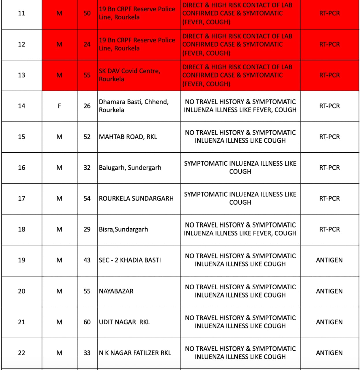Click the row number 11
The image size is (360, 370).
pos(22,13)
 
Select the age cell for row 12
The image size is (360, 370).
pos(87,44)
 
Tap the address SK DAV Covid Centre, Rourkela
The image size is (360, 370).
pos(129,75)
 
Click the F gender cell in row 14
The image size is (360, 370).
pos(59,106)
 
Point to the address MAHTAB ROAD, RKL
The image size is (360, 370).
pos(128,137)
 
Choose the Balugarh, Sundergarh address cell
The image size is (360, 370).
pos(130,168)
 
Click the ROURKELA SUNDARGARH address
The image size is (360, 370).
pos(136,199)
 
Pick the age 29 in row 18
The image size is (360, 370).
pos(87,230)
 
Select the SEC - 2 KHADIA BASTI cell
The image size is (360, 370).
pos(130,260)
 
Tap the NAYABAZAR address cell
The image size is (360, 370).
pos(116,291)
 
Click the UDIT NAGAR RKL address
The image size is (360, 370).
pos(124,322)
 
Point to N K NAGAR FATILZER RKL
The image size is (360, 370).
pos(135,353)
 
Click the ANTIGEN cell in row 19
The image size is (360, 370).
pos(329,260)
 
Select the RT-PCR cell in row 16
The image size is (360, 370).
pos(329,168)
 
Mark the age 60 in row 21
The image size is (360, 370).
pos(87,322)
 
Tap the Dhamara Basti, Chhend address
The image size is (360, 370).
pos(134,106)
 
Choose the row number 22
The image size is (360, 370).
pos(22,353)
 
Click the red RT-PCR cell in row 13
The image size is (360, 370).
pos(329,75)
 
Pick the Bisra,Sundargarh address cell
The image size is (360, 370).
pos(123,230)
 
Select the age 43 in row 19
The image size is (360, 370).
pos(87,260)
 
